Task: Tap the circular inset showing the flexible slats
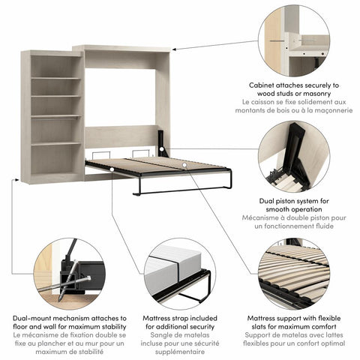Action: pos(295,274)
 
